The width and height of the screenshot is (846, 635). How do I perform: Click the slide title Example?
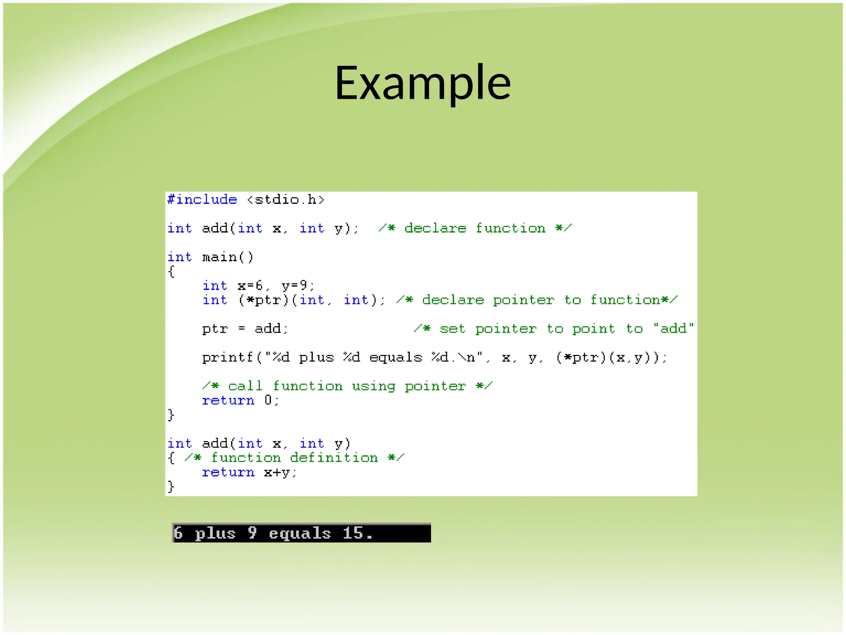(x=423, y=83)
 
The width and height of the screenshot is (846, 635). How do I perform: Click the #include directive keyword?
(x=202, y=200)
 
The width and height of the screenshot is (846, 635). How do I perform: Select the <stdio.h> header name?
(x=285, y=200)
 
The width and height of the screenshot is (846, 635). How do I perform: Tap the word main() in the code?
(x=228, y=257)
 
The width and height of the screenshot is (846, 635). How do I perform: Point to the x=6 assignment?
(x=250, y=286)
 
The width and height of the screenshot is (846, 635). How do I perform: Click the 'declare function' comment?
(x=475, y=228)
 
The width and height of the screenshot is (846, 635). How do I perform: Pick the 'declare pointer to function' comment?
(x=537, y=300)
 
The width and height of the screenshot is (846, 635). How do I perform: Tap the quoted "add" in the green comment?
(x=673, y=329)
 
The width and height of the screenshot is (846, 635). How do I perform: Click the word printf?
(x=227, y=358)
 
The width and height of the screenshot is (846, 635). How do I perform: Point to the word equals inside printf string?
(x=395, y=358)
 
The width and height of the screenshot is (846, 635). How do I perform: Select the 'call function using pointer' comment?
(x=347, y=386)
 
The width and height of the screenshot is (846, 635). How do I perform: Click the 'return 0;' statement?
(x=240, y=401)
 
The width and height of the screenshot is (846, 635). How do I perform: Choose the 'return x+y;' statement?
(x=249, y=473)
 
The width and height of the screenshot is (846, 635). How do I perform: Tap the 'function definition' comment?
(x=294, y=458)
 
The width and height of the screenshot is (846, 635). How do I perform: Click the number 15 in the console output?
(x=353, y=533)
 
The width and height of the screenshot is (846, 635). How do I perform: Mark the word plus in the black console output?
(x=215, y=533)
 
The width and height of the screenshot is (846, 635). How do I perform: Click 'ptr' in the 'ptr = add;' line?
(x=215, y=329)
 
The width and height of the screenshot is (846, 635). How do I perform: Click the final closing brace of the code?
(x=171, y=487)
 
